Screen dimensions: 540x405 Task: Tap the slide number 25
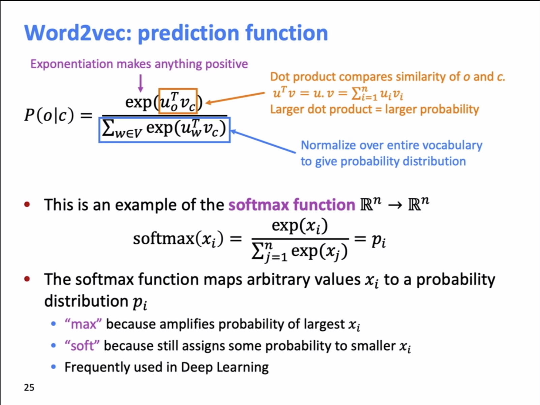tap(29, 387)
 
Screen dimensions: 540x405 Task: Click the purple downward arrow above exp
tap(141, 83)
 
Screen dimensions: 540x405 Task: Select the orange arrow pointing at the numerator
tap(235, 98)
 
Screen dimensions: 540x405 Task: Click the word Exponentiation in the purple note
tap(71, 64)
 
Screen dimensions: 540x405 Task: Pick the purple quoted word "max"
tap(83, 324)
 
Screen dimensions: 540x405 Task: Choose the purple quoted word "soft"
tap(82, 346)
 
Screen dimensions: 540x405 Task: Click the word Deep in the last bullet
tap(197, 368)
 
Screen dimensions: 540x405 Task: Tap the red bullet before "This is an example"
tap(27, 204)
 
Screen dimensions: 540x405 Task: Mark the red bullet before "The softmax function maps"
tap(27, 279)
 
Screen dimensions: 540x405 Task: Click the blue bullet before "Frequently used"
tap(53, 367)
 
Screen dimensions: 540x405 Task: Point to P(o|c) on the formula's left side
tap(49, 115)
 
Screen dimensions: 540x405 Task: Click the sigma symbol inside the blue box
tap(108, 128)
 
